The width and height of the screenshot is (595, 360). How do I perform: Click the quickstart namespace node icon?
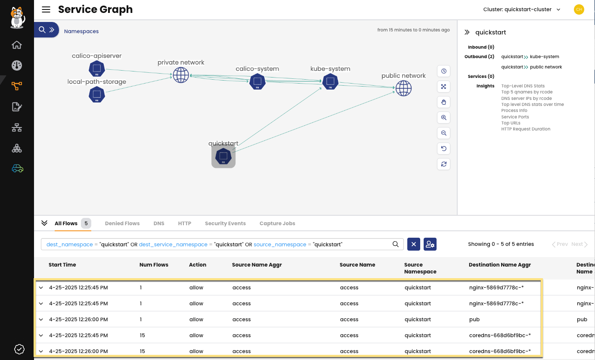(223, 156)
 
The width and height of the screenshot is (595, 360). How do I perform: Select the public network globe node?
(403, 88)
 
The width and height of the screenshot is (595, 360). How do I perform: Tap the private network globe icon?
(181, 75)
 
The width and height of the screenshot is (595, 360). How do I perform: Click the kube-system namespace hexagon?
(330, 81)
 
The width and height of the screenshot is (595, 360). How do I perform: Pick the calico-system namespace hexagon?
(257, 81)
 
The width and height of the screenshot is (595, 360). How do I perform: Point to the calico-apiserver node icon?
(97, 68)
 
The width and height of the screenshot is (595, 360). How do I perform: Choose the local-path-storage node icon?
(97, 94)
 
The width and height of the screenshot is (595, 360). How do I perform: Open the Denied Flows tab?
(122, 223)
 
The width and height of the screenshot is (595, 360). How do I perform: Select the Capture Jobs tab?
(277, 223)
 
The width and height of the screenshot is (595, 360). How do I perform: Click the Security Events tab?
(225, 223)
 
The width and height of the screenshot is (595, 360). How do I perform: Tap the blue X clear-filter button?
(413, 244)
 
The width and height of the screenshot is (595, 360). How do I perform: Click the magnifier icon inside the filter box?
(396, 244)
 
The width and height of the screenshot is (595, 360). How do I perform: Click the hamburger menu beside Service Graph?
(46, 9)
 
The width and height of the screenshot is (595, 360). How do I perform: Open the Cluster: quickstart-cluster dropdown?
(522, 9)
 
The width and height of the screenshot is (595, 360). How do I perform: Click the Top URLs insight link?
(511, 123)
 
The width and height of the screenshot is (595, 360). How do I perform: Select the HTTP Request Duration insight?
(526, 129)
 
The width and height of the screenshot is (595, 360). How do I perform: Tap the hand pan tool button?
(443, 102)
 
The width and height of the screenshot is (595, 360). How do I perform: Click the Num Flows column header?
(154, 265)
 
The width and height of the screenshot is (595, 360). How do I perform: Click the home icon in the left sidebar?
(17, 45)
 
